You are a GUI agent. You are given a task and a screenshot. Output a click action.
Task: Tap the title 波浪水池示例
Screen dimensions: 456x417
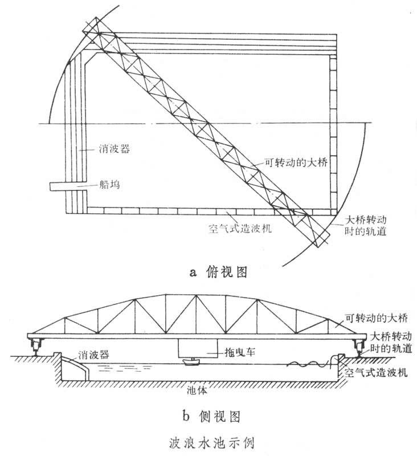pyautogui.click(x=209, y=442)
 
